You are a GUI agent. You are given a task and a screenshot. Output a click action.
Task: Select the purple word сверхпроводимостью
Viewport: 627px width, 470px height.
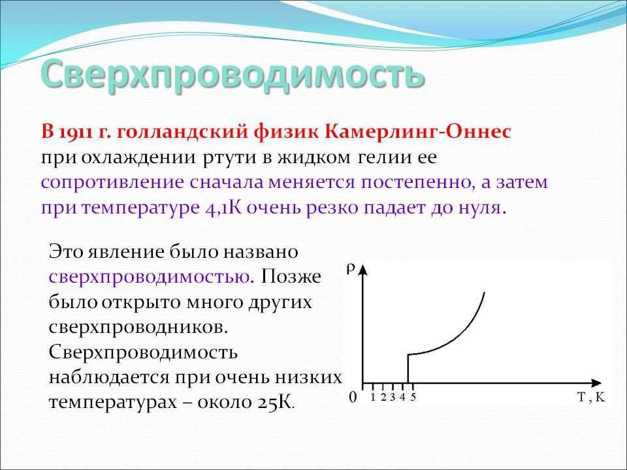(x=150, y=277)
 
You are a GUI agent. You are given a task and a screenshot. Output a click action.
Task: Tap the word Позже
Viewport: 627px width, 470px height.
(x=291, y=277)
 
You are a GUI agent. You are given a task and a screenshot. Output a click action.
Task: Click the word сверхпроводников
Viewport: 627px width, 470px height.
(x=138, y=328)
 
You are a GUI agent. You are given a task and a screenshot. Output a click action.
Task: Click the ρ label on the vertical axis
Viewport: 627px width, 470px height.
(x=351, y=269)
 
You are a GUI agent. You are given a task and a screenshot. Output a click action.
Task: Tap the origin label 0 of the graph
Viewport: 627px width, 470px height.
(x=353, y=398)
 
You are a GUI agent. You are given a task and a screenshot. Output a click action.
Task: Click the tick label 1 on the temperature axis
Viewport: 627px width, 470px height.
(x=373, y=398)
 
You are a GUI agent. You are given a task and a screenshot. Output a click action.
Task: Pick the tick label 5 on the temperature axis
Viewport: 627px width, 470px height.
(x=413, y=398)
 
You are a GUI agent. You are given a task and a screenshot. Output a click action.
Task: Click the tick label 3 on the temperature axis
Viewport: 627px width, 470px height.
(x=393, y=398)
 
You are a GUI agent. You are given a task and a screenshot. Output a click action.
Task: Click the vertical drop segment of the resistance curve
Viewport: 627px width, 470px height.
(x=408, y=368)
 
